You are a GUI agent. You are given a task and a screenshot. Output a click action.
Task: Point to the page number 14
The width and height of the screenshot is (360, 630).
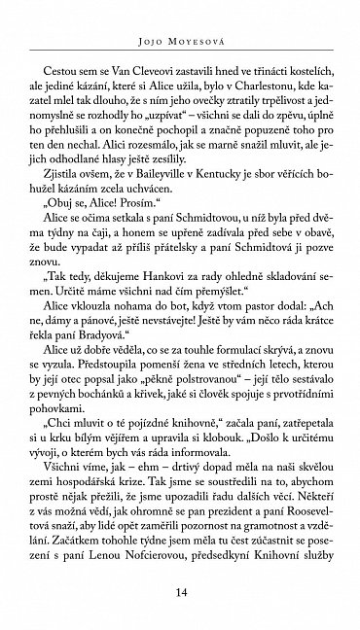[180, 591]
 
